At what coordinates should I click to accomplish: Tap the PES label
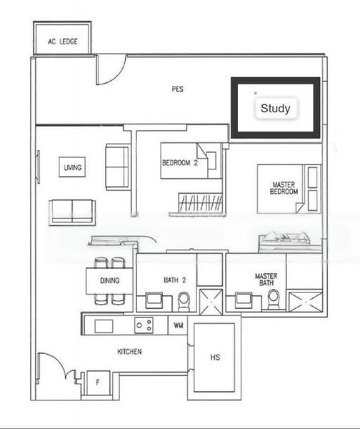(x=177, y=89)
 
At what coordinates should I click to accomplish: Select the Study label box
(x=275, y=109)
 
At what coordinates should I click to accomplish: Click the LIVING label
(x=72, y=168)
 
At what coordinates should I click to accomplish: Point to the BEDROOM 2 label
(x=179, y=163)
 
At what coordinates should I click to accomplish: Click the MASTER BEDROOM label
(x=284, y=188)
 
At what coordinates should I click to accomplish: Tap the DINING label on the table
(x=110, y=280)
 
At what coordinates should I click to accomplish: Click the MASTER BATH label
(x=266, y=279)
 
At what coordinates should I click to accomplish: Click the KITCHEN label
(x=129, y=352)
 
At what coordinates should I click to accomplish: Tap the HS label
(x=214, y=357)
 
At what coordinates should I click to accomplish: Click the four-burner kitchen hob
(x=144, y=325)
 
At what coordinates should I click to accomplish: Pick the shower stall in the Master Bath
(x=306, y=301)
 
